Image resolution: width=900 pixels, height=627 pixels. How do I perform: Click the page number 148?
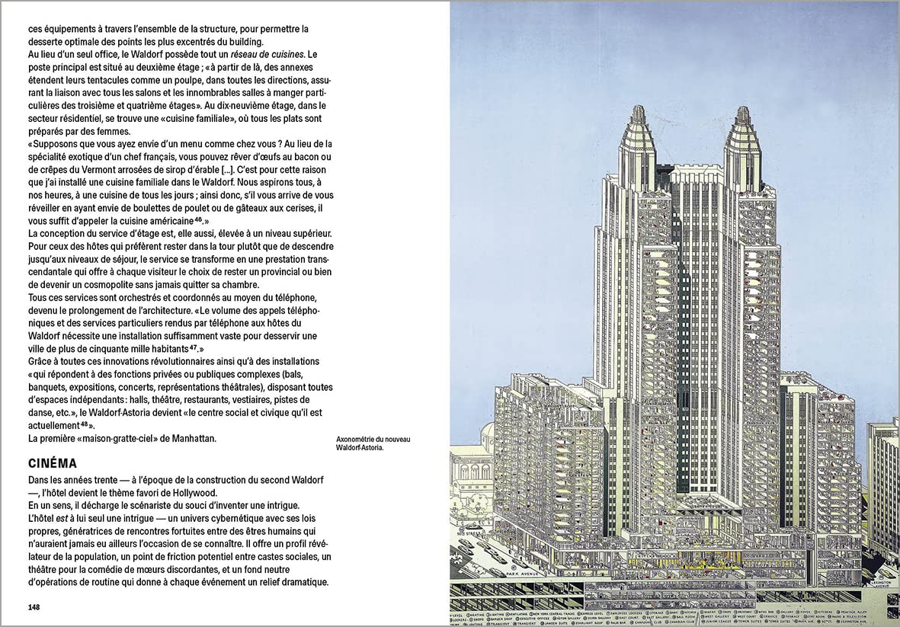pyautogui.click(x=34, y=607)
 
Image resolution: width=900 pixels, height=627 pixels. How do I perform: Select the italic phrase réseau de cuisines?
pyautogui.click(x=259, y=54)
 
